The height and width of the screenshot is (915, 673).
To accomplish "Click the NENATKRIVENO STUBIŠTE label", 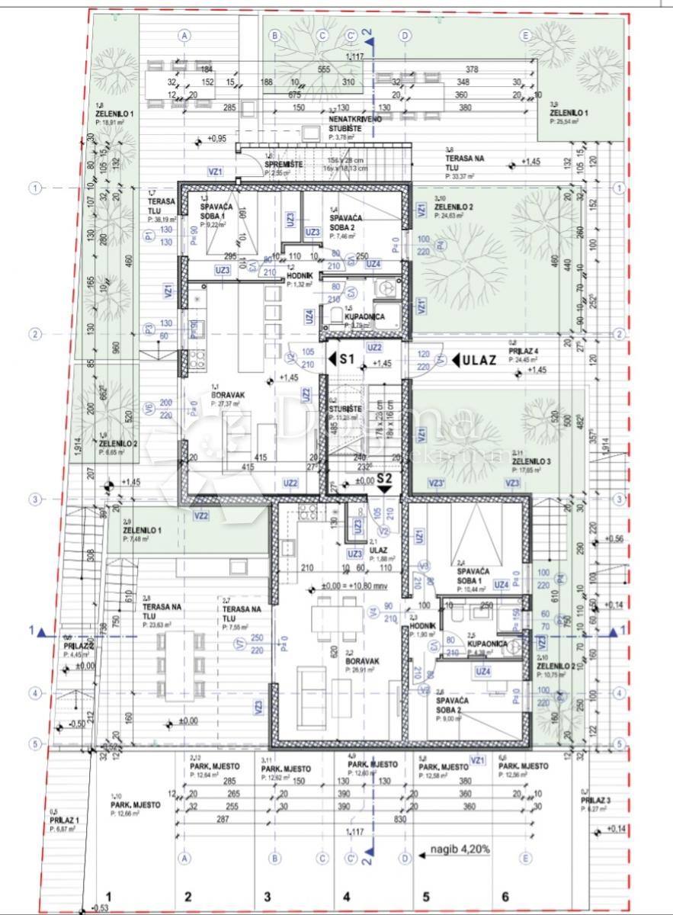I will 350,124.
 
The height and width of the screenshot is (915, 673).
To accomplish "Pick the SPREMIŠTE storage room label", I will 281,165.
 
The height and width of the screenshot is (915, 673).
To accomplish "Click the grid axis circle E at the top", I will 525,35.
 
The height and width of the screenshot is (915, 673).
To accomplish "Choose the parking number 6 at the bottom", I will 504,897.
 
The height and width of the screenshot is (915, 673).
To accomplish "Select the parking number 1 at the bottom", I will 108,897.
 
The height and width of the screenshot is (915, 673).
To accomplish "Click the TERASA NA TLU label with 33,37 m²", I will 465,162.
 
